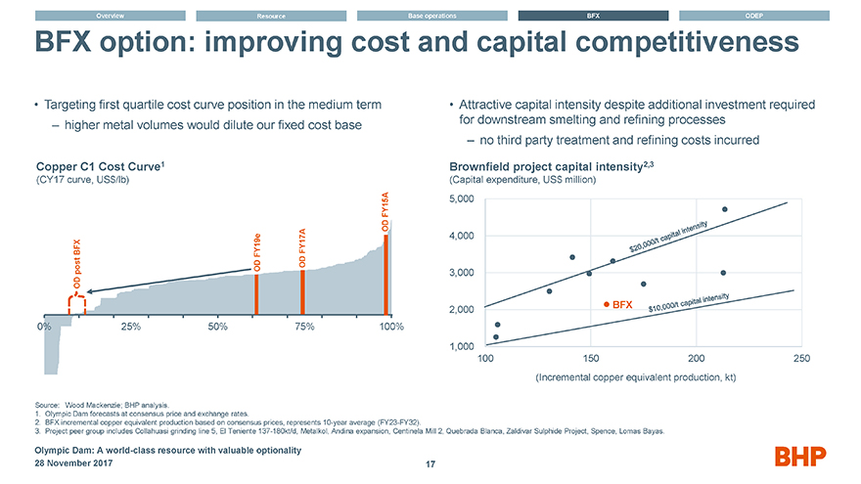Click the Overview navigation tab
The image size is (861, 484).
click(110, 16)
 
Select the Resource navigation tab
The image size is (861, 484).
click(271, 16)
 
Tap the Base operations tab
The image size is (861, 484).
click(431, 16)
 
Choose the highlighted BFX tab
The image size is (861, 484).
click(592, 16)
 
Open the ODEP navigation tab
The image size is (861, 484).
click(753, 16)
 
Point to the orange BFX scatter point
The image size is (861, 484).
click(608, 305)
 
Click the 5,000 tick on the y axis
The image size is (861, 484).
click(461, 199)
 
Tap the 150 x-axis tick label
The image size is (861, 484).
click(591, 359)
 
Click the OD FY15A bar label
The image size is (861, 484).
click(385, 212)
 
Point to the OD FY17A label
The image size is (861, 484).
click(302, 247)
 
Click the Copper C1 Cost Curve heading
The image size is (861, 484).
click(86, 166)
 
